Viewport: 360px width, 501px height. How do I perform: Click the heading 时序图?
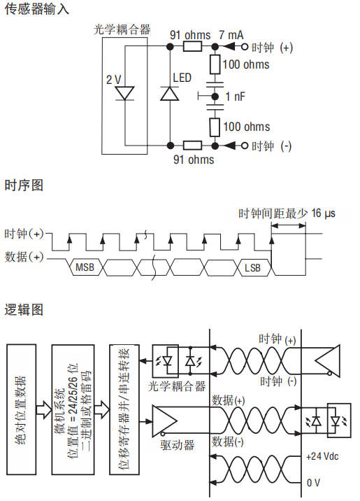[x=24, y=185]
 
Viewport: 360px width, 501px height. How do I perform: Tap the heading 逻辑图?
[x=24, y=309]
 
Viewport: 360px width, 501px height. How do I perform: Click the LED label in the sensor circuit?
[x=181, y=78]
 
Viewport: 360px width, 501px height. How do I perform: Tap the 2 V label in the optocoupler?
[x=113, y=79]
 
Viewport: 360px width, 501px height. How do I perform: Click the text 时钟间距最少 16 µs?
[x=287, y=213]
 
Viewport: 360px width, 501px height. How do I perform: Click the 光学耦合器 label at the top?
[x=122, y=29]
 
